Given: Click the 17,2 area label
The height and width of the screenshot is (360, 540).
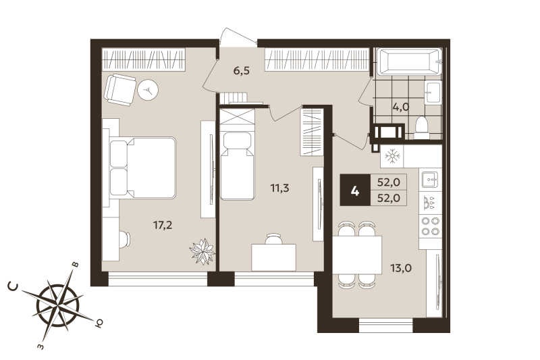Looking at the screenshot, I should point(163,225).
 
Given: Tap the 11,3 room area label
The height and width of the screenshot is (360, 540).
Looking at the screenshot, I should point(280,188).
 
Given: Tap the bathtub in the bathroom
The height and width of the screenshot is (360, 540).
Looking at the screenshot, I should point(407,61).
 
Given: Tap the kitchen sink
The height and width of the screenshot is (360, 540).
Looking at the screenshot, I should point(430,179).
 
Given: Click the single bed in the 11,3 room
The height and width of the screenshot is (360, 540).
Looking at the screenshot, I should point(236,165).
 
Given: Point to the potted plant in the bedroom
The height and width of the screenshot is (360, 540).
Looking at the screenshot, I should point(202,251).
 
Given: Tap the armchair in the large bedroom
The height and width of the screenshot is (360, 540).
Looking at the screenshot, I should point(122,88).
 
